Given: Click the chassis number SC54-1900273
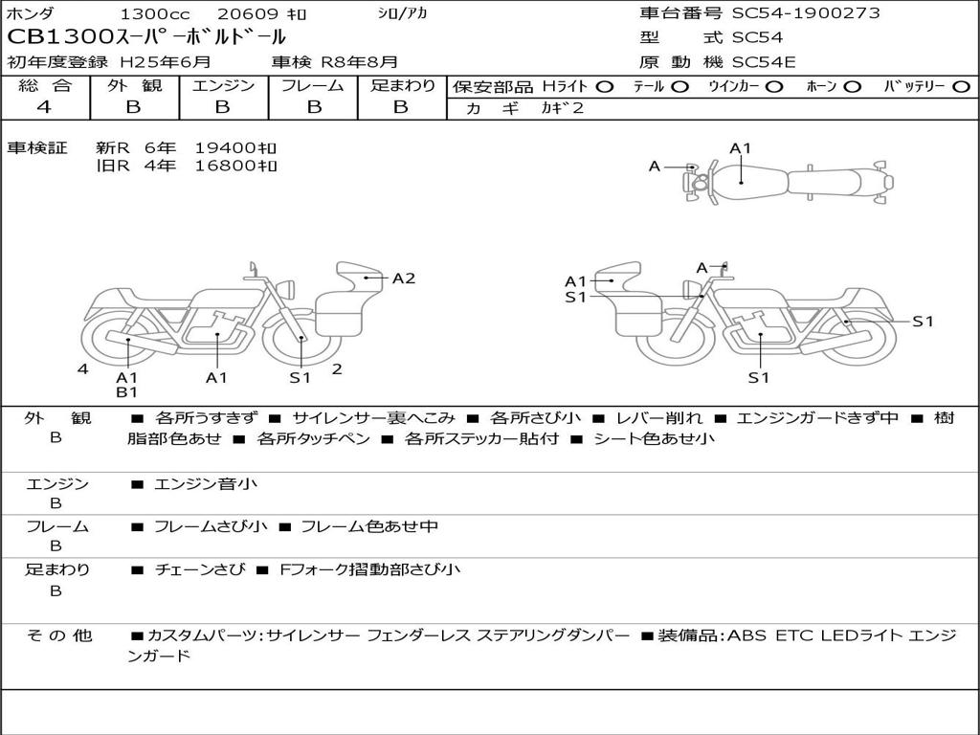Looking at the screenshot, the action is click(806, 13).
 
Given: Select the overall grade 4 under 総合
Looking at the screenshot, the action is click(44, 107).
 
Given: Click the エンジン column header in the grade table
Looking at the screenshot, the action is click(223, 85).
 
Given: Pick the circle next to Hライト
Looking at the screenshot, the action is click(604, 87).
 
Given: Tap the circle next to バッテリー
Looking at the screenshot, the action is click(961, 87).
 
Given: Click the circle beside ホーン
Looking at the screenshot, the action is click(852, 87).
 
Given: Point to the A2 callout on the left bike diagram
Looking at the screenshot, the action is click(404, 278).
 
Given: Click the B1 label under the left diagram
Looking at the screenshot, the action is click(127, 391).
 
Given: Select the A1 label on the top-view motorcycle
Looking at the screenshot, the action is click(740, 148).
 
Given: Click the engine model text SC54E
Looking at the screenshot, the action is click(764, 62).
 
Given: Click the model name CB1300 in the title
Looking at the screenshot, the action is click(60, 37).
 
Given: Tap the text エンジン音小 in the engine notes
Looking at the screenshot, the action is click(206, 483).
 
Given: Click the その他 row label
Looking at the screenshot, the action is click(58, 635).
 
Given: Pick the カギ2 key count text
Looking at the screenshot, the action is click(562, 108).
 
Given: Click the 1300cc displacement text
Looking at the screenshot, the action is click(154, 13).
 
